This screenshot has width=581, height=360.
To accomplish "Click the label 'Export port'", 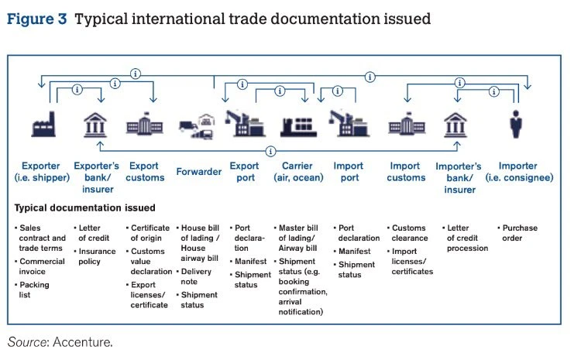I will point(246,172).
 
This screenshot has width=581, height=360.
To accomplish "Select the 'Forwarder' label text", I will point(199,172).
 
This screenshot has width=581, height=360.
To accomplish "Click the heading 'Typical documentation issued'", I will point(84,208).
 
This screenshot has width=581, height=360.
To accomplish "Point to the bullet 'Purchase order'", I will point(522,233).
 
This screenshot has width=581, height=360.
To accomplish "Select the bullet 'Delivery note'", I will point(200,277).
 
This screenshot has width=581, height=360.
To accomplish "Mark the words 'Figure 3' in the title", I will point(37,19).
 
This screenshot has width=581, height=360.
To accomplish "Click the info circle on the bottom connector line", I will point(270,150).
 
